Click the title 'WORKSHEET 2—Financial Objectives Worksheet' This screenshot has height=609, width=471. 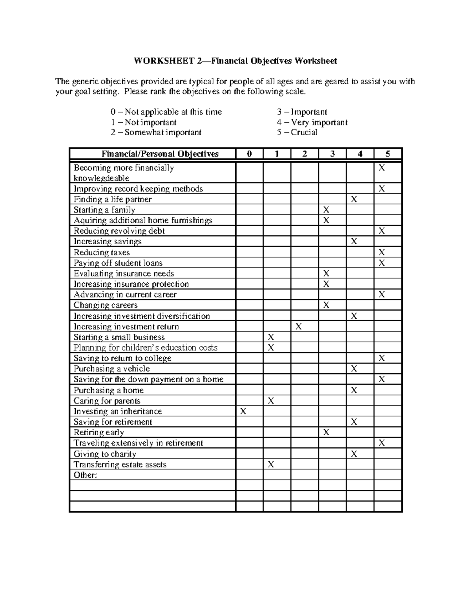(235, 61)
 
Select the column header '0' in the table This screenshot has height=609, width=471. (249, 154)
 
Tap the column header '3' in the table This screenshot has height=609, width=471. (332, 154)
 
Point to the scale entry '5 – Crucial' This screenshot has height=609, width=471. (297, 133)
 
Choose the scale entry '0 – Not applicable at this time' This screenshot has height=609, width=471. (166, 112)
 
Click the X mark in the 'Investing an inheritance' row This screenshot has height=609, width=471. (243, 411)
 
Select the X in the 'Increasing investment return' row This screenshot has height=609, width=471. (299, 327)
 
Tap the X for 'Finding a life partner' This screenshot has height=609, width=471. (354, 199)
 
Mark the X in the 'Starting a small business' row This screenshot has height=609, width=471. (271, 337)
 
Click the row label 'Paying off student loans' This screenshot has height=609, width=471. (118, 263)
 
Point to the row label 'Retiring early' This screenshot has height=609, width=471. (99, 433)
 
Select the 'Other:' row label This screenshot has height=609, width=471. (85, 475)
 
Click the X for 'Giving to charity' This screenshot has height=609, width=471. (354, 454)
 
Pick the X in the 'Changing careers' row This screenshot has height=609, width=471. (326, 305)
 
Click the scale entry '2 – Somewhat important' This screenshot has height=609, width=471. (156, 133)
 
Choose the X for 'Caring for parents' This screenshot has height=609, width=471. (271, 401)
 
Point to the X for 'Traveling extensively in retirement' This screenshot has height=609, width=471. (382, 443)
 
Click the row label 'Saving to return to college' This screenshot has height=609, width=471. (122, 358)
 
